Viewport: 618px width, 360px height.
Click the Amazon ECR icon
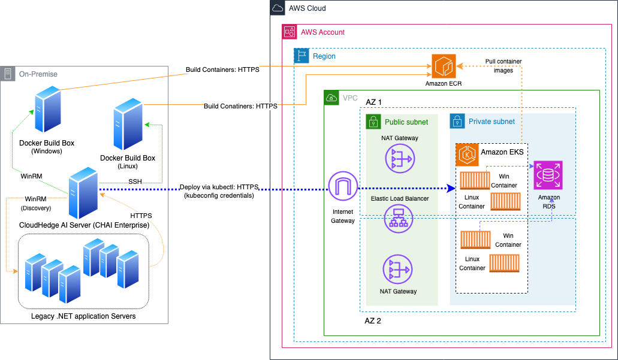pos(444,65)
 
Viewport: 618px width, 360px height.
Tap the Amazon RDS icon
pos(548,176)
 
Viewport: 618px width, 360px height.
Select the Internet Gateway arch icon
pos(342,187)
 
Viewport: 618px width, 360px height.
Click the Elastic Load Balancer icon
pos(396,219)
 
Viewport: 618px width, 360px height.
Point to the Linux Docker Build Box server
pos(128,126)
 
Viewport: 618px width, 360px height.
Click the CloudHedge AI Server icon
pos(82,193)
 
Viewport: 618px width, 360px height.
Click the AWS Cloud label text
pos(307,8)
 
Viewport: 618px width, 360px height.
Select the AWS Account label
pos(322,32)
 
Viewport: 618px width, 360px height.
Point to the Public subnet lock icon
pos(373,122)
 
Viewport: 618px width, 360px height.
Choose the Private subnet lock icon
pos(457,121)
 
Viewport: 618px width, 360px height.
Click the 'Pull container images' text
pos(503,65)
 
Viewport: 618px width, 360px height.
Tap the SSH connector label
pos(135,181)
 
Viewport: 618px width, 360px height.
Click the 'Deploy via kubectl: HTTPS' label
pos(218,187)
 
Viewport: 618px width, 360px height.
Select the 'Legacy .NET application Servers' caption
pos(83,316)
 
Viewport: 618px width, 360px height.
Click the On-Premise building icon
pos(8,74)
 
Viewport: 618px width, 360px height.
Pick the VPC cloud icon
pos(331,98)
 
